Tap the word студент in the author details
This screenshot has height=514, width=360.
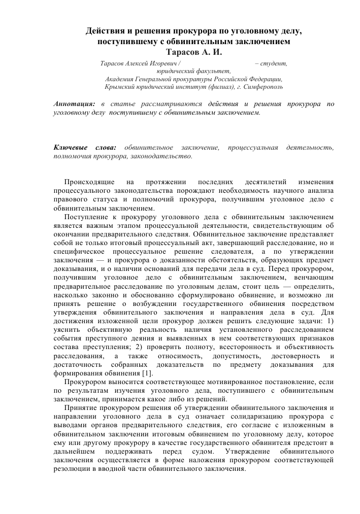[x=274, y=63]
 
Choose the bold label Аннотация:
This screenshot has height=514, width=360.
[x=74, y=104]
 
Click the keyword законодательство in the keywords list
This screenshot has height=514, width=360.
[x=165, y=156]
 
